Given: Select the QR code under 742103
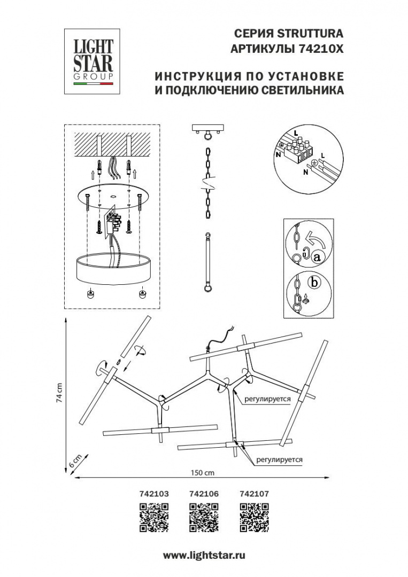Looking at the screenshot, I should click(x=153, y=518).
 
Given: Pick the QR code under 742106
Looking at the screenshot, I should click(x=204, y=518).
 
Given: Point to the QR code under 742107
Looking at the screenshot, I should click(x=253, y=518).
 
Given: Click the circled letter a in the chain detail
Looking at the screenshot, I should click(x=317, y=258).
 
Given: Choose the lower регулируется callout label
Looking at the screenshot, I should click(x=280, y=459).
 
